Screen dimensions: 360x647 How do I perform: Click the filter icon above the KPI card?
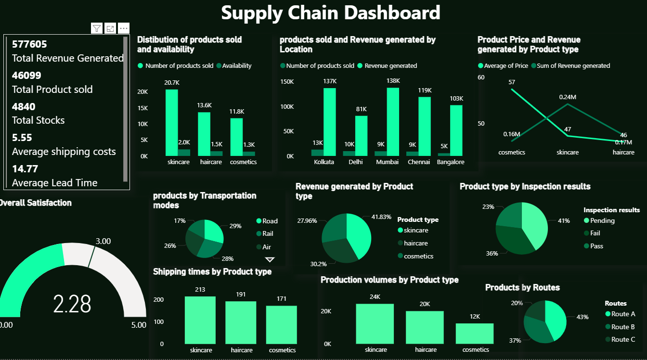click(x=97, y=28)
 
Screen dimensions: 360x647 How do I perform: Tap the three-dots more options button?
click(x=124, y=28)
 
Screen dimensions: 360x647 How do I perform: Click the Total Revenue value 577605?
click(x=29, y=44)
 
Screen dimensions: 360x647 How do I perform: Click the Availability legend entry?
click(x=236, y=65)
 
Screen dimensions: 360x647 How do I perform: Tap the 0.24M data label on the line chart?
click(x=568, y=97)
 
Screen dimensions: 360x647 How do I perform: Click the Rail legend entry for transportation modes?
click(x=268, y=233)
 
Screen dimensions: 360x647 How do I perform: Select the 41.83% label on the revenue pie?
click(x=381, y=217)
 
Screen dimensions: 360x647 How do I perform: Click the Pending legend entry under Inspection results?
click(x=602, y=220)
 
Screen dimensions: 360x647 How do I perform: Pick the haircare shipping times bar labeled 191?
click(x=241, y=322)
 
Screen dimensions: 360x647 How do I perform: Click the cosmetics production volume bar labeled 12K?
click(x=474, y=333)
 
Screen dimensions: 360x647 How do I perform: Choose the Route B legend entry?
click(x=623, y=327)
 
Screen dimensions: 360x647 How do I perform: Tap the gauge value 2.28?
click(x=72, y=304)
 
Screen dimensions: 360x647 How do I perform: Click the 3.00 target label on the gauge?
click(x=103, y=241)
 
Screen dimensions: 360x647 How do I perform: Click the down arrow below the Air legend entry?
click(x=270, y=260)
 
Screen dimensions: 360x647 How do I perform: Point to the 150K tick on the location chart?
click(x=287, y=81)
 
